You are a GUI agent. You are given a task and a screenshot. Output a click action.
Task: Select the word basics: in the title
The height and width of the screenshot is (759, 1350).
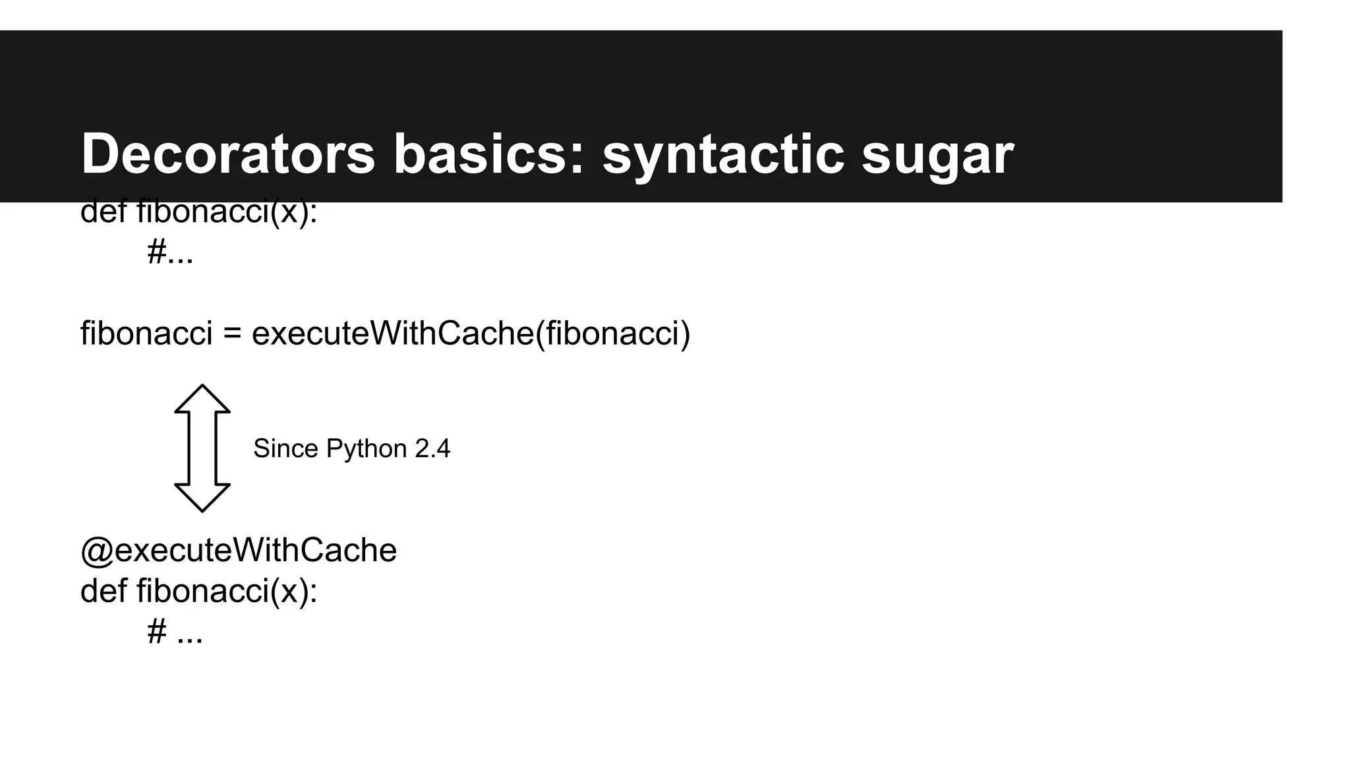pos(488,154)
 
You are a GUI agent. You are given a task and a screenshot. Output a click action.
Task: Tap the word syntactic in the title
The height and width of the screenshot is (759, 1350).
pos(723,154)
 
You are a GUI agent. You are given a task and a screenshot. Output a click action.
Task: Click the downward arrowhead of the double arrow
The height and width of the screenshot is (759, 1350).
pos(202,497)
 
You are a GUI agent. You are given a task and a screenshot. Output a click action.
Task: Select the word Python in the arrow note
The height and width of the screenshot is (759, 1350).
pos(367,449)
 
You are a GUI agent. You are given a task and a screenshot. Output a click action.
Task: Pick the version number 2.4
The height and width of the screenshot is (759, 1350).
pos(432,449)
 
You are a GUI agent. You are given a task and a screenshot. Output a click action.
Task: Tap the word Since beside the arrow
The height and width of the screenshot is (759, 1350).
pos(285,449)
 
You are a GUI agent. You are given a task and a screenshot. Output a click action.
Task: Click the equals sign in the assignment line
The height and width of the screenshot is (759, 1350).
pos(232,333)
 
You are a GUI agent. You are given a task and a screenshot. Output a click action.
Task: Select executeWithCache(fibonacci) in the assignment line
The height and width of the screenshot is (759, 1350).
pos(471,333)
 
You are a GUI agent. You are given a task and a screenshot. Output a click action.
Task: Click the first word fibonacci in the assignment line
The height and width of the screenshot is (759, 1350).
pos(146,333)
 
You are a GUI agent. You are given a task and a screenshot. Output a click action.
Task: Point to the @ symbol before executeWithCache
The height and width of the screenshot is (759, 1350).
pos(96,551)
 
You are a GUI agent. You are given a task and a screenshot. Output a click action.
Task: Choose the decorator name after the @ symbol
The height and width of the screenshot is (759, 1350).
pos(256,551)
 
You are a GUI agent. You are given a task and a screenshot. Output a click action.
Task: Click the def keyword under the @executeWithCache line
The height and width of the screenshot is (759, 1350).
pos(103,591)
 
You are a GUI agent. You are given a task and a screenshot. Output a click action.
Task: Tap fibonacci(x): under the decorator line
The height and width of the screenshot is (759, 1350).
pos(227,591)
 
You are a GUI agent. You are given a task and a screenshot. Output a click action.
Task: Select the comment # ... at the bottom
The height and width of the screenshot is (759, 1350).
pos(175,632)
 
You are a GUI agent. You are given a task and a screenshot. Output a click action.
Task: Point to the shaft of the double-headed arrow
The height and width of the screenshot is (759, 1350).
pos(202,448)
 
